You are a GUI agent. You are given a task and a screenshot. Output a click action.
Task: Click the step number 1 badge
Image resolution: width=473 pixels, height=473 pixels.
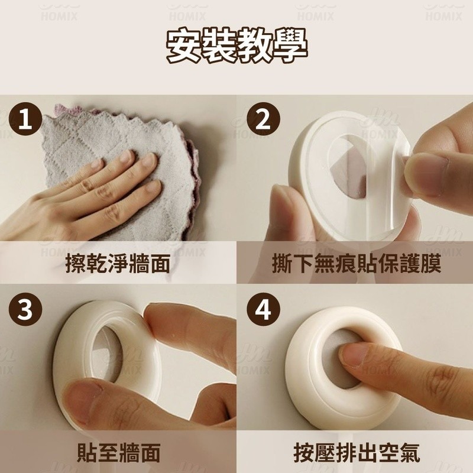[x=25, y=119]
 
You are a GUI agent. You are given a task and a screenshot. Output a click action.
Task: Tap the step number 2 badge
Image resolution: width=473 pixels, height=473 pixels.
[x=263, y=119]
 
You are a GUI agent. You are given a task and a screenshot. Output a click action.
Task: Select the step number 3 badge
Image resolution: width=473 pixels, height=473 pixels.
[x=25, y=309]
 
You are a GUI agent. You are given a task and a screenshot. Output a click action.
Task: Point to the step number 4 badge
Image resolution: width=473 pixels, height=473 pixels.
[x=263, y=309]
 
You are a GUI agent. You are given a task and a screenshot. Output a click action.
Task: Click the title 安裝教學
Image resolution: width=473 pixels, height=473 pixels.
[x=237, y=46]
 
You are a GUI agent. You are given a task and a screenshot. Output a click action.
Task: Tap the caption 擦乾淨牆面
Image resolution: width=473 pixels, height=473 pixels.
[x=118, y=263]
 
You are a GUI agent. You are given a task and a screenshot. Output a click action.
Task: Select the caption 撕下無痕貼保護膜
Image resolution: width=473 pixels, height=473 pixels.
[x=357, y=263]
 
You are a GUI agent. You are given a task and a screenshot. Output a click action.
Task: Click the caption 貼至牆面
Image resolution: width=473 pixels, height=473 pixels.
[x=118, y=452]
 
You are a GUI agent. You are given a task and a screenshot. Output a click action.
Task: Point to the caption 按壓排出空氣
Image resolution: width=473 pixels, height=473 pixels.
[x=357, y=452]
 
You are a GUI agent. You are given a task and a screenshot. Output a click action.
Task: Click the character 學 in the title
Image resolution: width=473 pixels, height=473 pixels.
[x=290, y=46]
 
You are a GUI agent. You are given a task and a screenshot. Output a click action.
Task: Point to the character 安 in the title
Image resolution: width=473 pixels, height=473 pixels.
[x=184, y=46]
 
